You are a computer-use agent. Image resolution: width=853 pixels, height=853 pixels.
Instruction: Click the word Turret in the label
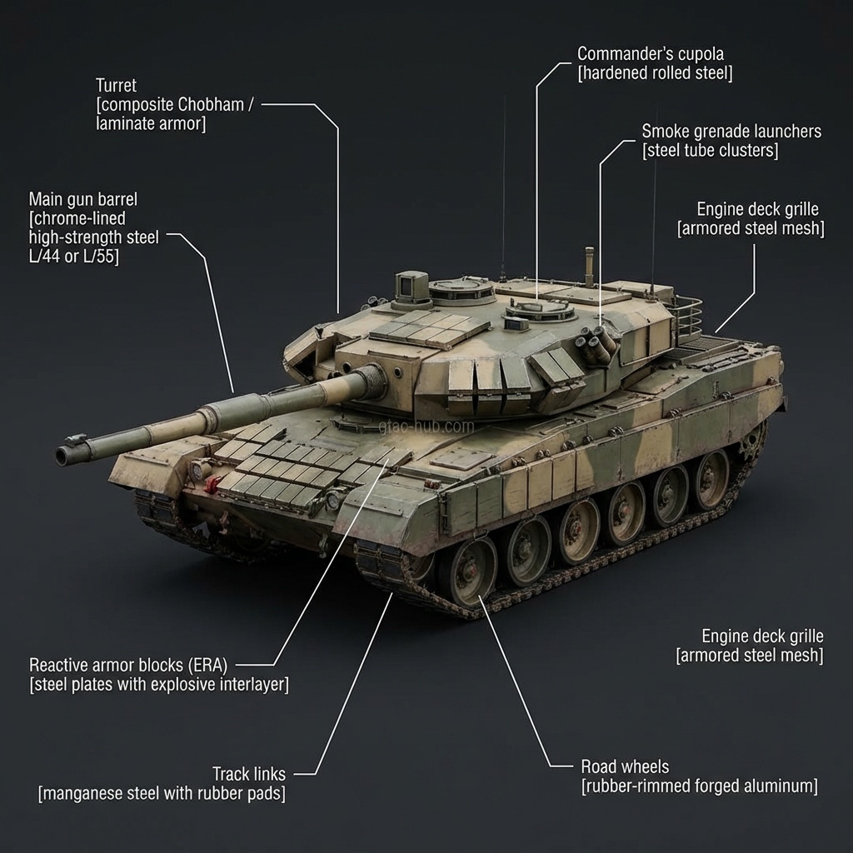pos(116,85)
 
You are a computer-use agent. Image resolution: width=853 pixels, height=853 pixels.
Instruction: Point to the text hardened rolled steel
pos(655,73)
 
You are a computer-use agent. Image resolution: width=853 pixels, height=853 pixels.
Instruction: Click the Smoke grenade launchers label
pos(731,132)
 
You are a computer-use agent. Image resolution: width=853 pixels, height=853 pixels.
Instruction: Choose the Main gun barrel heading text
pos(82,199)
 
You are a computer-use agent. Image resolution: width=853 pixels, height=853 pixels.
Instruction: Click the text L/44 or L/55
pos(73,257)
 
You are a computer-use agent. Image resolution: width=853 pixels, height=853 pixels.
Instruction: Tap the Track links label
pos(248,774)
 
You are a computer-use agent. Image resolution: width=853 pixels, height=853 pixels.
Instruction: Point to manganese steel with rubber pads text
pos(162,793)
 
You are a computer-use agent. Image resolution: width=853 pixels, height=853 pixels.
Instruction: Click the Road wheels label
pos(624,766)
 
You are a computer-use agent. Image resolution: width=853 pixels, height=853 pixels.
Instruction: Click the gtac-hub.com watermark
pos(426,426)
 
